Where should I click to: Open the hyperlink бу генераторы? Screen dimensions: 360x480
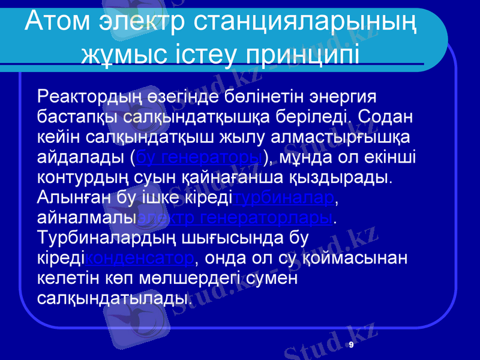200,157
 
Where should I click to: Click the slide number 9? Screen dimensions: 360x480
351,345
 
